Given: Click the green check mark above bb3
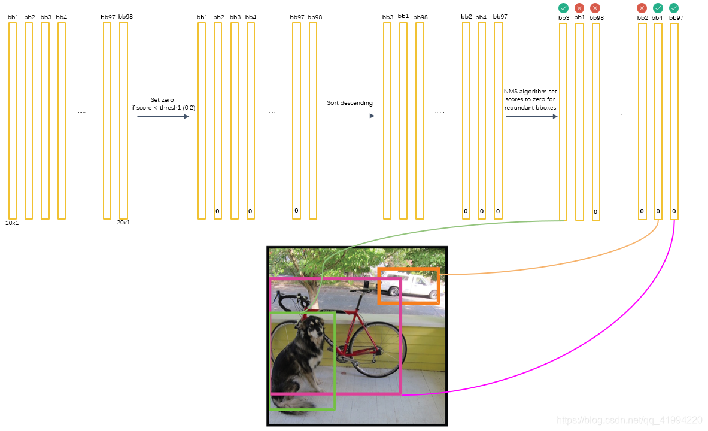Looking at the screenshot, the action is [x=563, y=8].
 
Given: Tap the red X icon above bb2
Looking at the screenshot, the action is [x=642, y=8].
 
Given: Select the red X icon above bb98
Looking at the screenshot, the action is [x=595, y=8].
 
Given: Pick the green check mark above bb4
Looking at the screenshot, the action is [x=658, y=8].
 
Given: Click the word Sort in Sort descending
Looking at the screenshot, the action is [x=333, y=103].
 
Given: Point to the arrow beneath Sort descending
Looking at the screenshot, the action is [x=348, y=116].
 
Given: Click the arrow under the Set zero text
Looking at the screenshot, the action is [x=163, y=116].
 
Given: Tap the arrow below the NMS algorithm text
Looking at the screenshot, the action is [x=531, y=116].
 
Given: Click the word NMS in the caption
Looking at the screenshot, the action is [x=510, y=92].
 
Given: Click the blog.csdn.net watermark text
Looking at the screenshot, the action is [x=628, y=420].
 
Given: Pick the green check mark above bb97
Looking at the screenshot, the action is [x=674, y=8].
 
